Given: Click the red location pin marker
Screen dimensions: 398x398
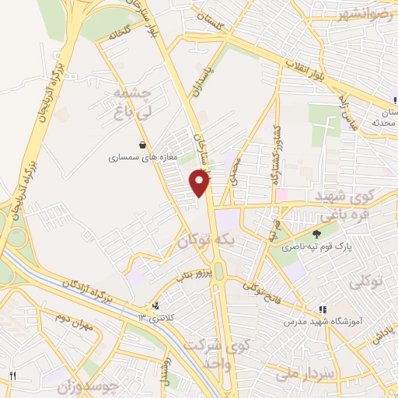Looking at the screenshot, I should point(200,183).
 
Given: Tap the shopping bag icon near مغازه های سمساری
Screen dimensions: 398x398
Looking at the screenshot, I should point(142,145).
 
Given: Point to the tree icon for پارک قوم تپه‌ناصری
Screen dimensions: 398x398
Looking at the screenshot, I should point(316,234).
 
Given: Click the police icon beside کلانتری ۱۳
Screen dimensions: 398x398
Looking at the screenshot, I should point(157,305).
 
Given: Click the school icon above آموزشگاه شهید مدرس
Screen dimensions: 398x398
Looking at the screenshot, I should point(322,310).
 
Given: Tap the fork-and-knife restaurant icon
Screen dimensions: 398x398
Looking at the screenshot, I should point(12,376).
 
